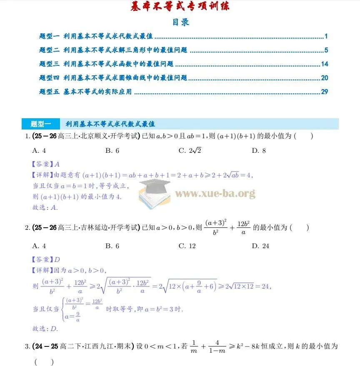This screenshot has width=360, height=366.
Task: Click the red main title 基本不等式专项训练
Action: pos(180,7)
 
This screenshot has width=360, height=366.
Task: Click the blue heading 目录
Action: pos(181,22)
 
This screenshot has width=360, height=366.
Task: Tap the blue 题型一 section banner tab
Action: pos(40,124)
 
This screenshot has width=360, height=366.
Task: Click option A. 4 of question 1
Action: pos(39,151)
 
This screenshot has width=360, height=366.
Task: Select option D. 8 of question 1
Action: pos(259,151)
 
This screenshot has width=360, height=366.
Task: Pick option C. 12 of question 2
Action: pos(187,246)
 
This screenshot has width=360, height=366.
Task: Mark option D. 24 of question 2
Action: pos(260,246)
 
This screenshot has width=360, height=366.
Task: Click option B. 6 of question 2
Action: pos(112,246)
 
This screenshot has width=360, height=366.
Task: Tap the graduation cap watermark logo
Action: pos(155,191)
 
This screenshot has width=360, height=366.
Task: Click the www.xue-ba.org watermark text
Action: pos(215,194)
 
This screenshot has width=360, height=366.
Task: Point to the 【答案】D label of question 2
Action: pos(46,259)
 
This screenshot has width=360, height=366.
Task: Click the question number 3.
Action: pos(27,346)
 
